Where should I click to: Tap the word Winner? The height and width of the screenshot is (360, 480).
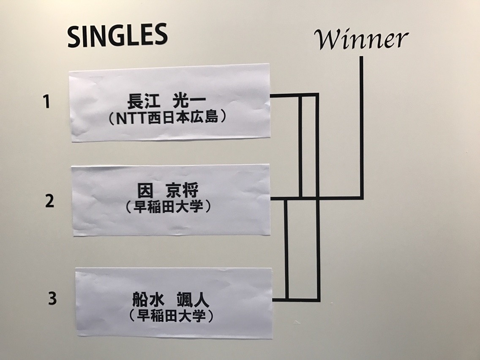(361, 40)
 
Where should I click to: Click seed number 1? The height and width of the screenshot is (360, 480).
(48, 102)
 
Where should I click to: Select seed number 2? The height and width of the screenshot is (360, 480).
(49, 201)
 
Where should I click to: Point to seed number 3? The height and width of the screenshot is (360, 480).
(52, 298)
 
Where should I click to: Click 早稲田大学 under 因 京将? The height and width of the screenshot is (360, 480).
(169, 207)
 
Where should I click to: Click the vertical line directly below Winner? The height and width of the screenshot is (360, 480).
(362, 127)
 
